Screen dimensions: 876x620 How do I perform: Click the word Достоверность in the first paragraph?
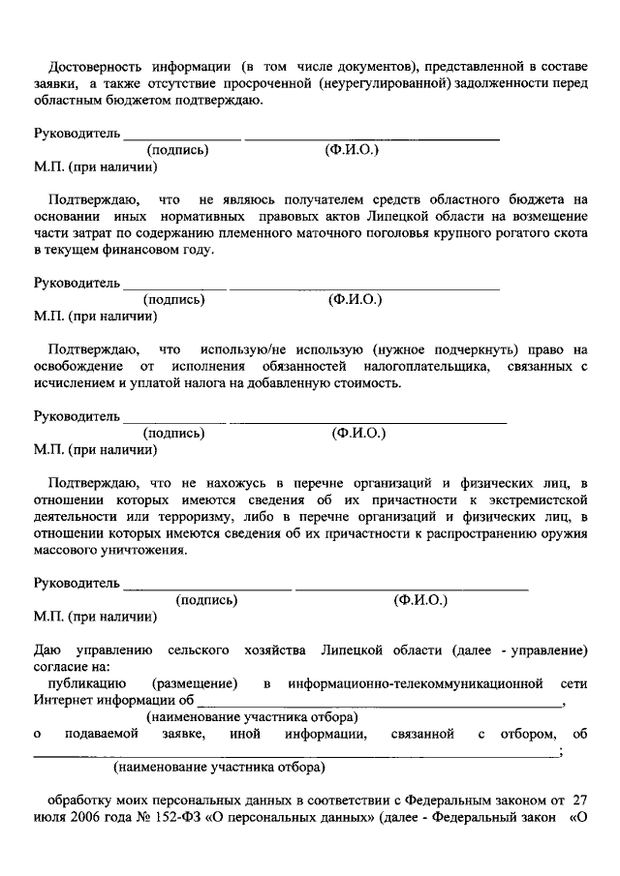click(x=95, y=66)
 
